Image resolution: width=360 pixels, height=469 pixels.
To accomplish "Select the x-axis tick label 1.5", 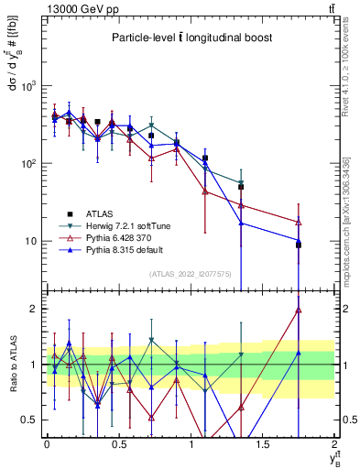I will [x=263, y=444].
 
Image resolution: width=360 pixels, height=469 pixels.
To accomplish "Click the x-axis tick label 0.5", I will [x=118, y=444].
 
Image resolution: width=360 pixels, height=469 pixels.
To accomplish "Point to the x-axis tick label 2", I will [x=334, y=444].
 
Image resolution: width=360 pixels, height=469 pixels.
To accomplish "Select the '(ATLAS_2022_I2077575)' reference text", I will [x=190, y=274].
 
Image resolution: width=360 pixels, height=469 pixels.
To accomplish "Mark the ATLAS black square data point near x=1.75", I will [x=299, y=245].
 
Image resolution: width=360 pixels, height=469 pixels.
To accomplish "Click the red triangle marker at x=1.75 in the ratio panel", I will [x=299, y=310].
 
